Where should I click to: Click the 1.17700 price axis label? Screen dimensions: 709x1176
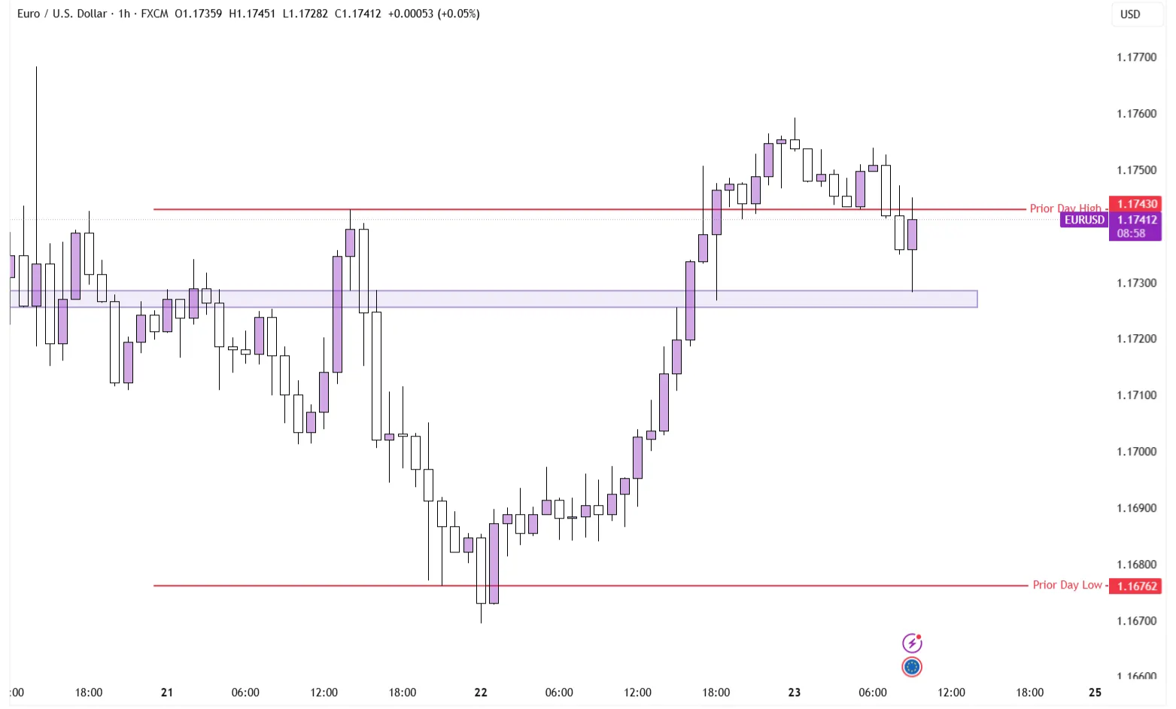click(x=1136, y=57)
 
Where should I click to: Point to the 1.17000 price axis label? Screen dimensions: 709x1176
click(x=1136, y=452)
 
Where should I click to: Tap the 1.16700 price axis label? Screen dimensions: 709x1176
click(x=1136, y=621)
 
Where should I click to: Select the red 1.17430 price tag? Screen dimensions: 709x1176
click(x=1136, y=204)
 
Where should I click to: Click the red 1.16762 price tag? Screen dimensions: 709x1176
click(x=1136, y=586)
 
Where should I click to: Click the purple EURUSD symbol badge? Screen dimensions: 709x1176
click(x=1084, y=220)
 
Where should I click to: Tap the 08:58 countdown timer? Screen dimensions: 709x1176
click(x=1131, y=233)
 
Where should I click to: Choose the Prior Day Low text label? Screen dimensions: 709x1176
click(x=1067, y=585)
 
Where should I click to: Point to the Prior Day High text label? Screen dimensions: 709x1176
click(x=1065, y=208)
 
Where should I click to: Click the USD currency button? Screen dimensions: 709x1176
click(x=1130, y=14)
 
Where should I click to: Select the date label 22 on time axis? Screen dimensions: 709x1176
click(x=481, y=692)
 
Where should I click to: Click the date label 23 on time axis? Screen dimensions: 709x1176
click(x=795, y=692)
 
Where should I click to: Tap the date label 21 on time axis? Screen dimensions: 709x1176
click(x=167, y=692)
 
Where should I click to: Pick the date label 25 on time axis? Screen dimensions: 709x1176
click(x=1095, y=692)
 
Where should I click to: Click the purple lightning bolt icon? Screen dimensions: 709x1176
click(x=912, y=643)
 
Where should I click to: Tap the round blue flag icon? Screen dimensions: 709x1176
click(x=912, y=667)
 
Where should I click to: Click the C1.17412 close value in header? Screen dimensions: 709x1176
click(x=358, y=14)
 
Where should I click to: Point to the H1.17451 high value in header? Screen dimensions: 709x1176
click(x=252, y=14)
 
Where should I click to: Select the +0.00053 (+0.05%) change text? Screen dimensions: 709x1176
click(x=434, y=14)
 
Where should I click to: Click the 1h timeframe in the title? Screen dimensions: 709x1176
click(x=124, y=14)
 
